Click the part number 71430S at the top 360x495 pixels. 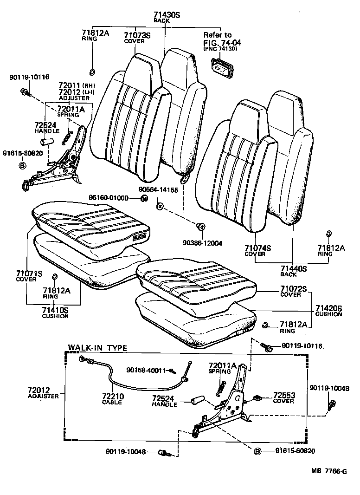pyautogui.click(x=167, y=15)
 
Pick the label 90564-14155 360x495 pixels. pyautogui.click(x=158, y=189)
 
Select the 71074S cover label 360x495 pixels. pyautogui.click(x=257, y=248)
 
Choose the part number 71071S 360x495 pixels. pyautogui.click(x=29, y=274)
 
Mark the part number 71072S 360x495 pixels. pyautogui.click(x=293, y=289)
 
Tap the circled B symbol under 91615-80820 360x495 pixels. pyautogui.click(x=21, y=165)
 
